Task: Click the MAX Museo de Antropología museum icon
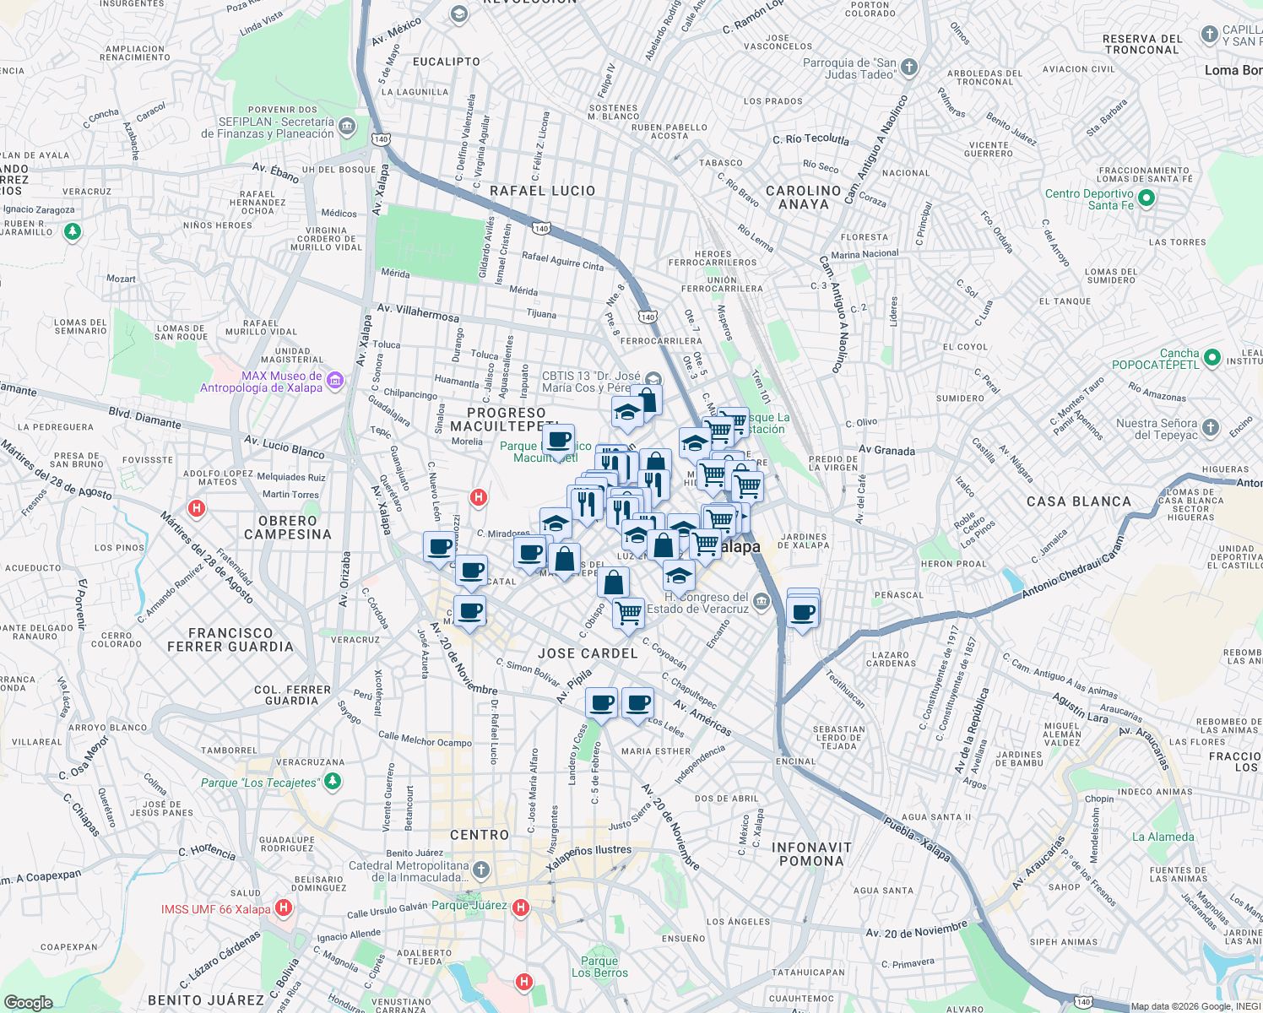(x=335, y=381)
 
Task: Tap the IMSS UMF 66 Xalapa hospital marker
(x=284, y=908)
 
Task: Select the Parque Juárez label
(x=469, y=906)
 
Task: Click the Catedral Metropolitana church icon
(x=481, y=869)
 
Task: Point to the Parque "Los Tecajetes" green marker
(x=333, y=781)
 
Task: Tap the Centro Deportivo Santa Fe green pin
(x=1146, y=198)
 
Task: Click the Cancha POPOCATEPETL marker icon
(x=1212, y=358)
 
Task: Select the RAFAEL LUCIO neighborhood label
(x=542, y=191)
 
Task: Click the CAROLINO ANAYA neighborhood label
(x=803, y=198)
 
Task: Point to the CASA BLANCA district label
(x=1078, y=501)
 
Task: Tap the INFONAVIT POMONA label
(x=810, y=854)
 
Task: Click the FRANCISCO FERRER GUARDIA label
(x=230, y=640)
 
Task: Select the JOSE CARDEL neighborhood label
(x=588, y=653)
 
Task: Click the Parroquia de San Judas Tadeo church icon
(x=908, y=67)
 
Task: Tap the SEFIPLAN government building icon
(x=347, y=127)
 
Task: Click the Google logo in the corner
(x=28, y=1002)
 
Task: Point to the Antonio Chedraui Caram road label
(x=1072, y=568)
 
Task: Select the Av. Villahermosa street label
(x=418, y=312)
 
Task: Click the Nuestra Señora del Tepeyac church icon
(x=1211, y=428)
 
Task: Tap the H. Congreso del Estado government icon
(x=762, y=601)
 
